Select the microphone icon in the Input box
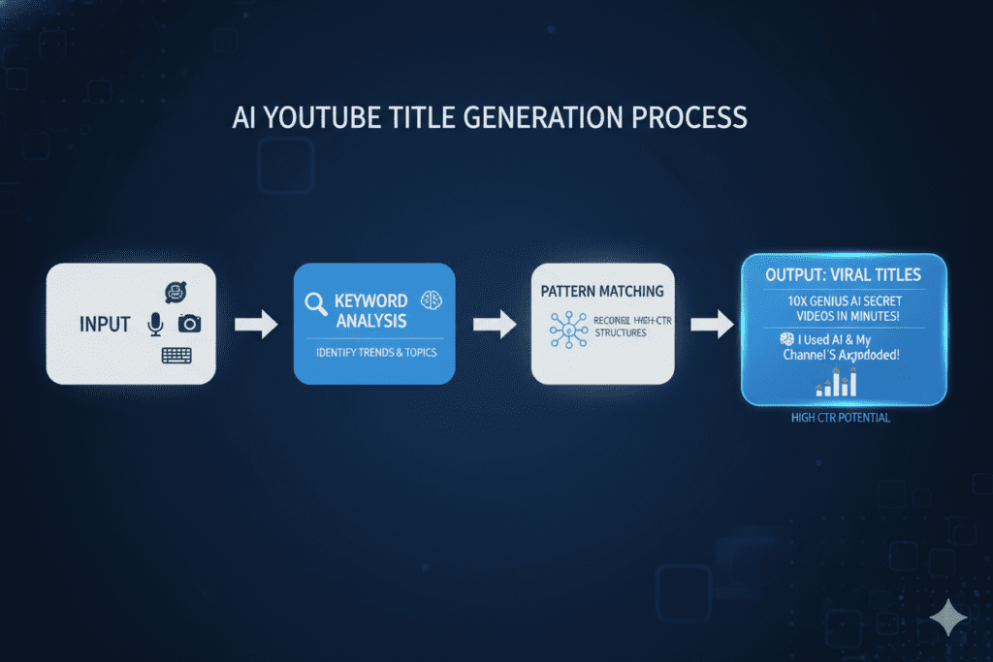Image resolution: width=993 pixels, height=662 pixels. [x=155, y=325]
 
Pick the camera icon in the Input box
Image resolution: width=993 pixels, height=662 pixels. [x=189, y=324]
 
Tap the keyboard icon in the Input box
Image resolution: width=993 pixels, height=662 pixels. [x=176, y=356]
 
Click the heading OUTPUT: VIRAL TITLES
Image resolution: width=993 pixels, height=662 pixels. [x=843, y=274]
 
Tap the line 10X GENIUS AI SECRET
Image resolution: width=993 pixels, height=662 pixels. [x=843, y=302]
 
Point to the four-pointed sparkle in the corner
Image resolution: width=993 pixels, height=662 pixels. [x=946, y=616]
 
